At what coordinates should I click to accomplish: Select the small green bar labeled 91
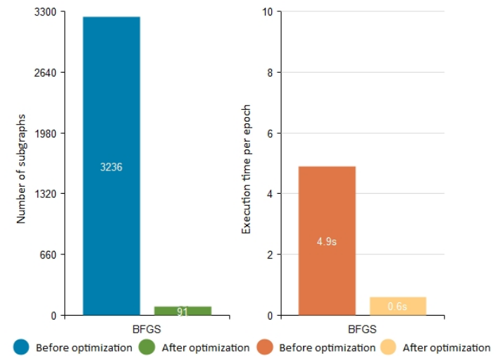(x=182, y=311)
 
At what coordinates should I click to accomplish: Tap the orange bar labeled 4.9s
(x=327, y=240)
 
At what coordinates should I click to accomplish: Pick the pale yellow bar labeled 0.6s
(x=398, y=306)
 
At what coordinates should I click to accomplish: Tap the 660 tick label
(x=48, y=254)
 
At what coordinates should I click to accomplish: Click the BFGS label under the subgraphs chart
(x=147, y=329)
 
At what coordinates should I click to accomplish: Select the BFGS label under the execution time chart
(x=362, y=329)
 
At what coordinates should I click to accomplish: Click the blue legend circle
(x=21, y=347)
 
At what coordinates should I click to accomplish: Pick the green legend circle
(x=147, y=347)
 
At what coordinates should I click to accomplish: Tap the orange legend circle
(x=264, y=347)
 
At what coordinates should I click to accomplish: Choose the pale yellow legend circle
(x=388, y=347)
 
